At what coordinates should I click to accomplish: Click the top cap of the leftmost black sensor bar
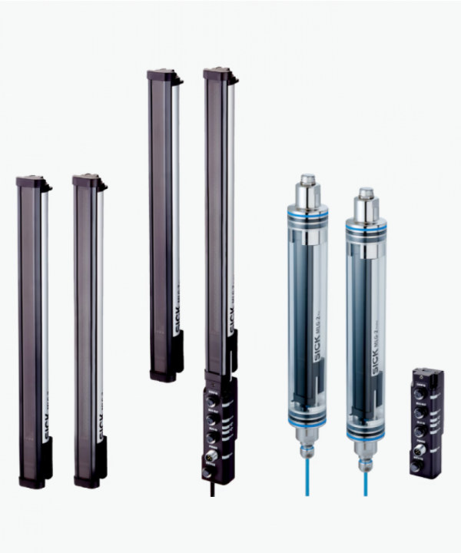coord(32,183)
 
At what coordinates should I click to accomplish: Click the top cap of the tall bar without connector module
coord(163,75)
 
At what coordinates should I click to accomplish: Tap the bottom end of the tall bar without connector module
coord(164,375)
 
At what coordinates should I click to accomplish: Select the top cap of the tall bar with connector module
coord(218,75)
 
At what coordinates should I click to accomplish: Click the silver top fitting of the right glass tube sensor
coord(366,198)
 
